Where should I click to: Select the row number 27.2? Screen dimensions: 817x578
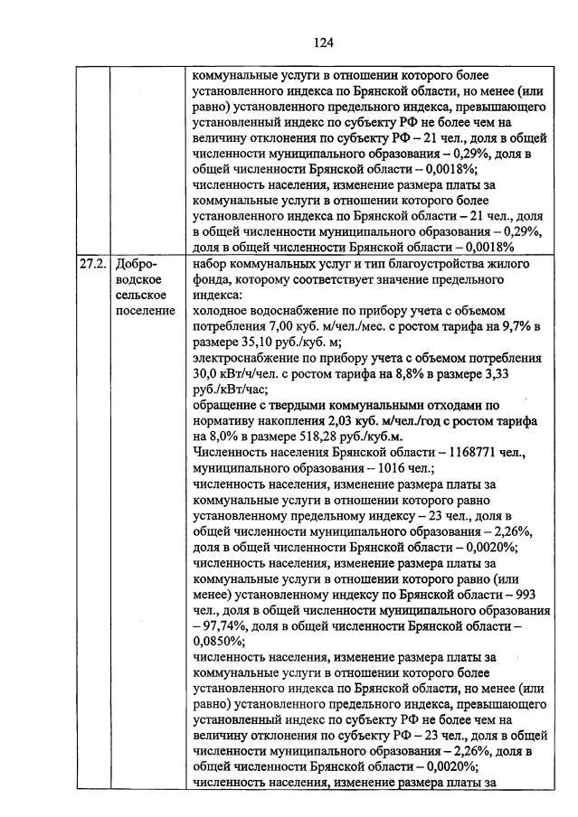click(90, 263)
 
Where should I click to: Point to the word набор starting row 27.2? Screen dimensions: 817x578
click(213, 263)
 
